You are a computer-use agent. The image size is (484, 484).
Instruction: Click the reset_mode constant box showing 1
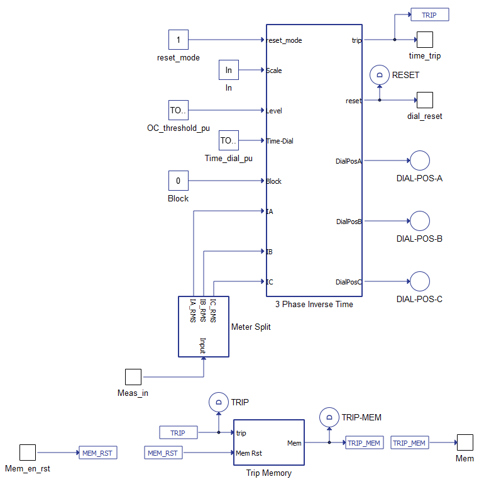point(179,40)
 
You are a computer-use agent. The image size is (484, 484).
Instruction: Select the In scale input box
point(229,70)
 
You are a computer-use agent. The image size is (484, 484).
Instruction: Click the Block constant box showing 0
point(179,181)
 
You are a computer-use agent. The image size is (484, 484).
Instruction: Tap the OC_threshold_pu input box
point(179,110)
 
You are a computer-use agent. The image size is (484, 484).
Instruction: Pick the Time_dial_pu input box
point(229,140)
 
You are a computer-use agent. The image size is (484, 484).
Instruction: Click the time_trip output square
point(425,40)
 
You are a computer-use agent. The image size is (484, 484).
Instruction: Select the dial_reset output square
point(425,100)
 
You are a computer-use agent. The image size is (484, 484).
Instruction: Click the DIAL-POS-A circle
point(419,160)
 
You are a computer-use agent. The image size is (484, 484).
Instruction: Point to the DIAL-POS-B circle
point(419,221)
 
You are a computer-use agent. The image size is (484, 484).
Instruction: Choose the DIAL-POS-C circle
point(419,281)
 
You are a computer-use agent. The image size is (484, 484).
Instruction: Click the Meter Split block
point(204,327)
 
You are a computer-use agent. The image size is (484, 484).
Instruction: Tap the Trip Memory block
point(268,442)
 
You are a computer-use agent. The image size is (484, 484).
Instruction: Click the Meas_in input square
point(133,377)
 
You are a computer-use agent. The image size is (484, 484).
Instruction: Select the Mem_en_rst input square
point(28,453)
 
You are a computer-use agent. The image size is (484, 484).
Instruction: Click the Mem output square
point(465,442)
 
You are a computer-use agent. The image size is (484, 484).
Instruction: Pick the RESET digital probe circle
point(380,75)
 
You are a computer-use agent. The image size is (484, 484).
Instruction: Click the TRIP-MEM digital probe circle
point(329,417)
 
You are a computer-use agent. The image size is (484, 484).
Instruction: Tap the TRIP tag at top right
point(429,14)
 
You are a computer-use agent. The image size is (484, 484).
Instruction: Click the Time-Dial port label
point(280,141)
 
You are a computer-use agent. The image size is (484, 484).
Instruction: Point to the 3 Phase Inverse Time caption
point(314,304)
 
